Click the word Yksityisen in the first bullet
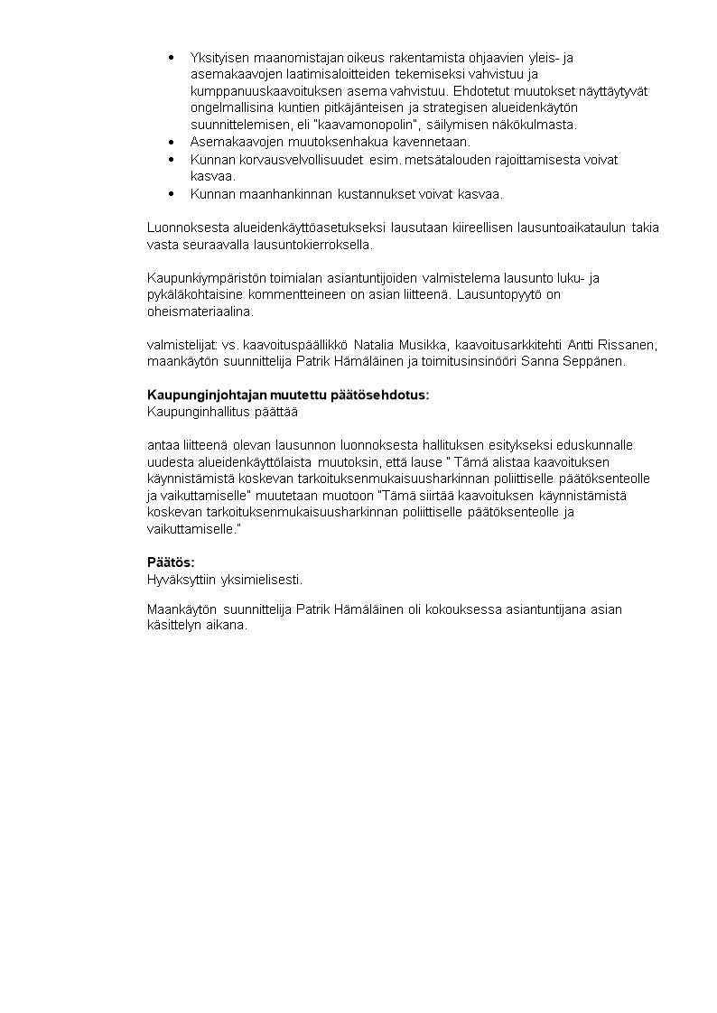click(219, 58)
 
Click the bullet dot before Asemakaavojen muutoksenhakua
click(172, 142)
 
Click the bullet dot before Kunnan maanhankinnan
click(172, 193)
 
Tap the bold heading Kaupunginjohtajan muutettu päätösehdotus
click(288, 395)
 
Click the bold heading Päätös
click(171, 562)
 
